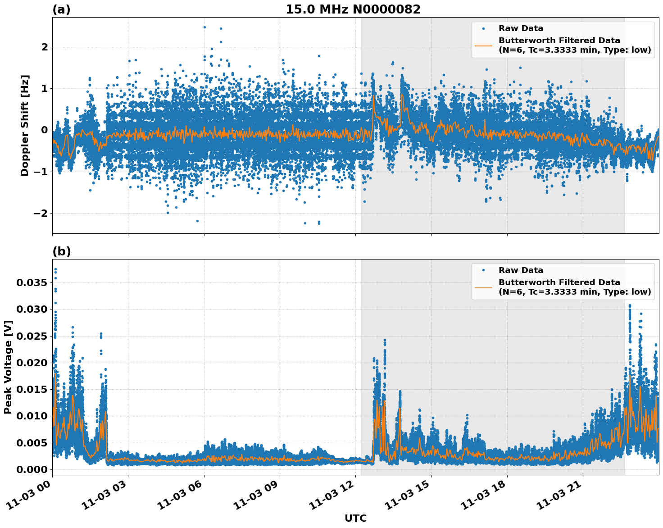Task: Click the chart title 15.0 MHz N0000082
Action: pyautogui.click(x=353, y=9)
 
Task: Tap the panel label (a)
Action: pyautogui.click(x=61, y=9)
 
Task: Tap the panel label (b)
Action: pyautogui.click(x=61, y=251)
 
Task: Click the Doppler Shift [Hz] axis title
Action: pyautogui.click(x=25, y=125)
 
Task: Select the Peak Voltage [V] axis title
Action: pyautogui.click(x=8, y=367)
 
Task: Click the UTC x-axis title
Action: pyautogui.click(x=355, y=518)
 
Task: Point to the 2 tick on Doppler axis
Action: pyautogui.click(x=45, y=47)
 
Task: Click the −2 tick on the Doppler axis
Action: pyautogui.click(x=41, y=213)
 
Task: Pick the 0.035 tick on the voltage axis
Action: pyautogui.click(x=32, y=283)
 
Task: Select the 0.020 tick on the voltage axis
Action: pyautogui.click(x=32, y=363)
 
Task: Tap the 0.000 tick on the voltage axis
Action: pyautogui.click(x=32, y=469)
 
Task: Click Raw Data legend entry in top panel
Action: pyautogui.click(x=521, y=28)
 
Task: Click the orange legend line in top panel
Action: pyautogui.click(x=483, y=45)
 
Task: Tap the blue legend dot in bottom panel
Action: pyautogui.click(x=483, y=270)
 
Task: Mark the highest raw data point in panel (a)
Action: pyautogui.click(x=204, y=27)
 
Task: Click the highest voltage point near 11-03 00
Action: pyautogui.click(x=55, y=269)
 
